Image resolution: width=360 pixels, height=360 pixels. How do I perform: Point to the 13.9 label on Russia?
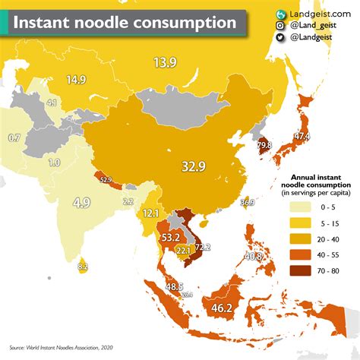point(166,64)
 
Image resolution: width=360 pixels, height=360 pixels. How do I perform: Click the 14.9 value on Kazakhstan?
point(75,78)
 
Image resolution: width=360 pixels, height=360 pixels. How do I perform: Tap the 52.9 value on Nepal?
point(105,180)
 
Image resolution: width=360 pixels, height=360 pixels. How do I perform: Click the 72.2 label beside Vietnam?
point(202,248)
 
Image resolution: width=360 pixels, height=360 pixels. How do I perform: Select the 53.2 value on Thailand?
point(169,238)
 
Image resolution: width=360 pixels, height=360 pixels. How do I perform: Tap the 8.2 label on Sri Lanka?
point(84,267)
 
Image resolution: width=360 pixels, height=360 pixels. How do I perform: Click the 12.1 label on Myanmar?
point(150,213)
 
